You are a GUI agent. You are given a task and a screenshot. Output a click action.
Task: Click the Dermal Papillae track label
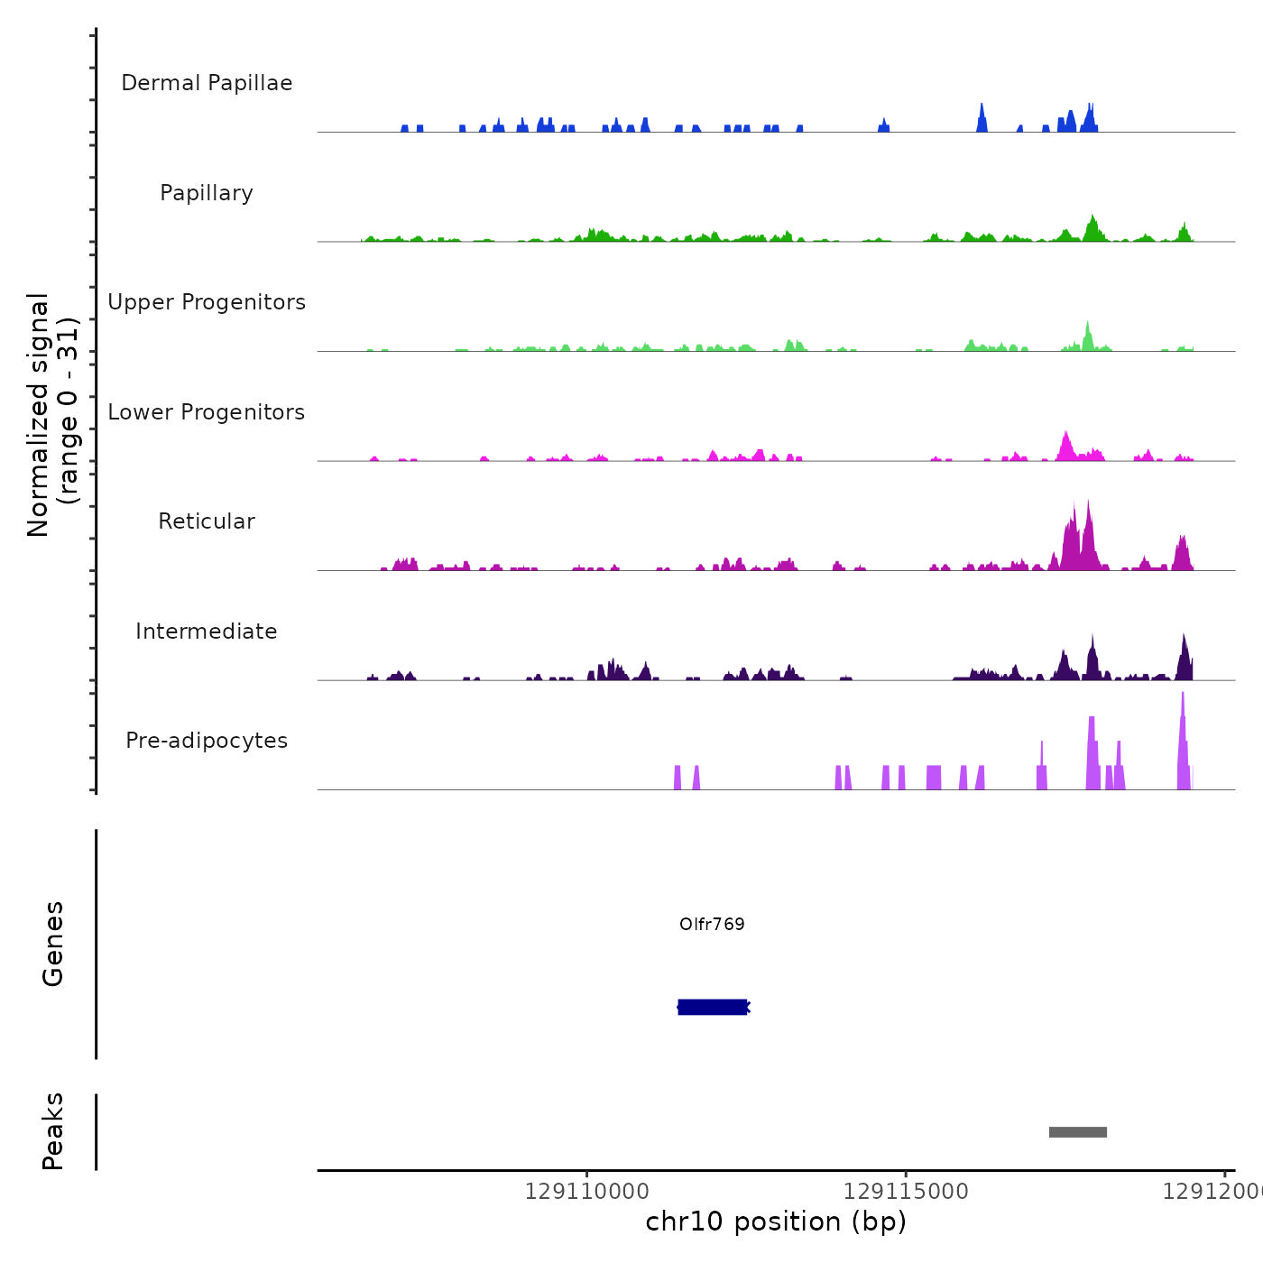tap(207, 83)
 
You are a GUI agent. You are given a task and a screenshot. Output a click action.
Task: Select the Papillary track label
tap(207, 193)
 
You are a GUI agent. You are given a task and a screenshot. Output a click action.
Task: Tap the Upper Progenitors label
tap(207, 302)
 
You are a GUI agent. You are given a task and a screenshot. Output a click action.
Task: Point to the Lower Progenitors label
tap(207, 412)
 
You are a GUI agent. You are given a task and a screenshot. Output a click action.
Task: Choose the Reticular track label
tap(207, 521)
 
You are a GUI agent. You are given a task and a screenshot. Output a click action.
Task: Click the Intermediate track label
tap(207, 631)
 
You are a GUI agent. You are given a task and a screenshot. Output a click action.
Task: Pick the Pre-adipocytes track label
tap(207, 741)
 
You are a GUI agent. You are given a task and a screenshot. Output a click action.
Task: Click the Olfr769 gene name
tap(712, 924)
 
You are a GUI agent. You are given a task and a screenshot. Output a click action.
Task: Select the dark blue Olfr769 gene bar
tap(712, 1007)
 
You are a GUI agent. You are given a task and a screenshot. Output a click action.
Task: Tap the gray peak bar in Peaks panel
tap(1077, 1132)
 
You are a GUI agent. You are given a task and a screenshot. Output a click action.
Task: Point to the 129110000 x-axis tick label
tap(586, 1192)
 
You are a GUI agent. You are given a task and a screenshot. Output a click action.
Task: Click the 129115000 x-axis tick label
tap(906, 1192)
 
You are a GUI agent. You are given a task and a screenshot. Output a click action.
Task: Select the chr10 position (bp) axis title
tap(776, 1222)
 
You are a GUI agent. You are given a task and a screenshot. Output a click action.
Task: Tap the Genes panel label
tap(53, 944)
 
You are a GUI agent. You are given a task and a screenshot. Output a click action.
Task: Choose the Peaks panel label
tap(53, 1131)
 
